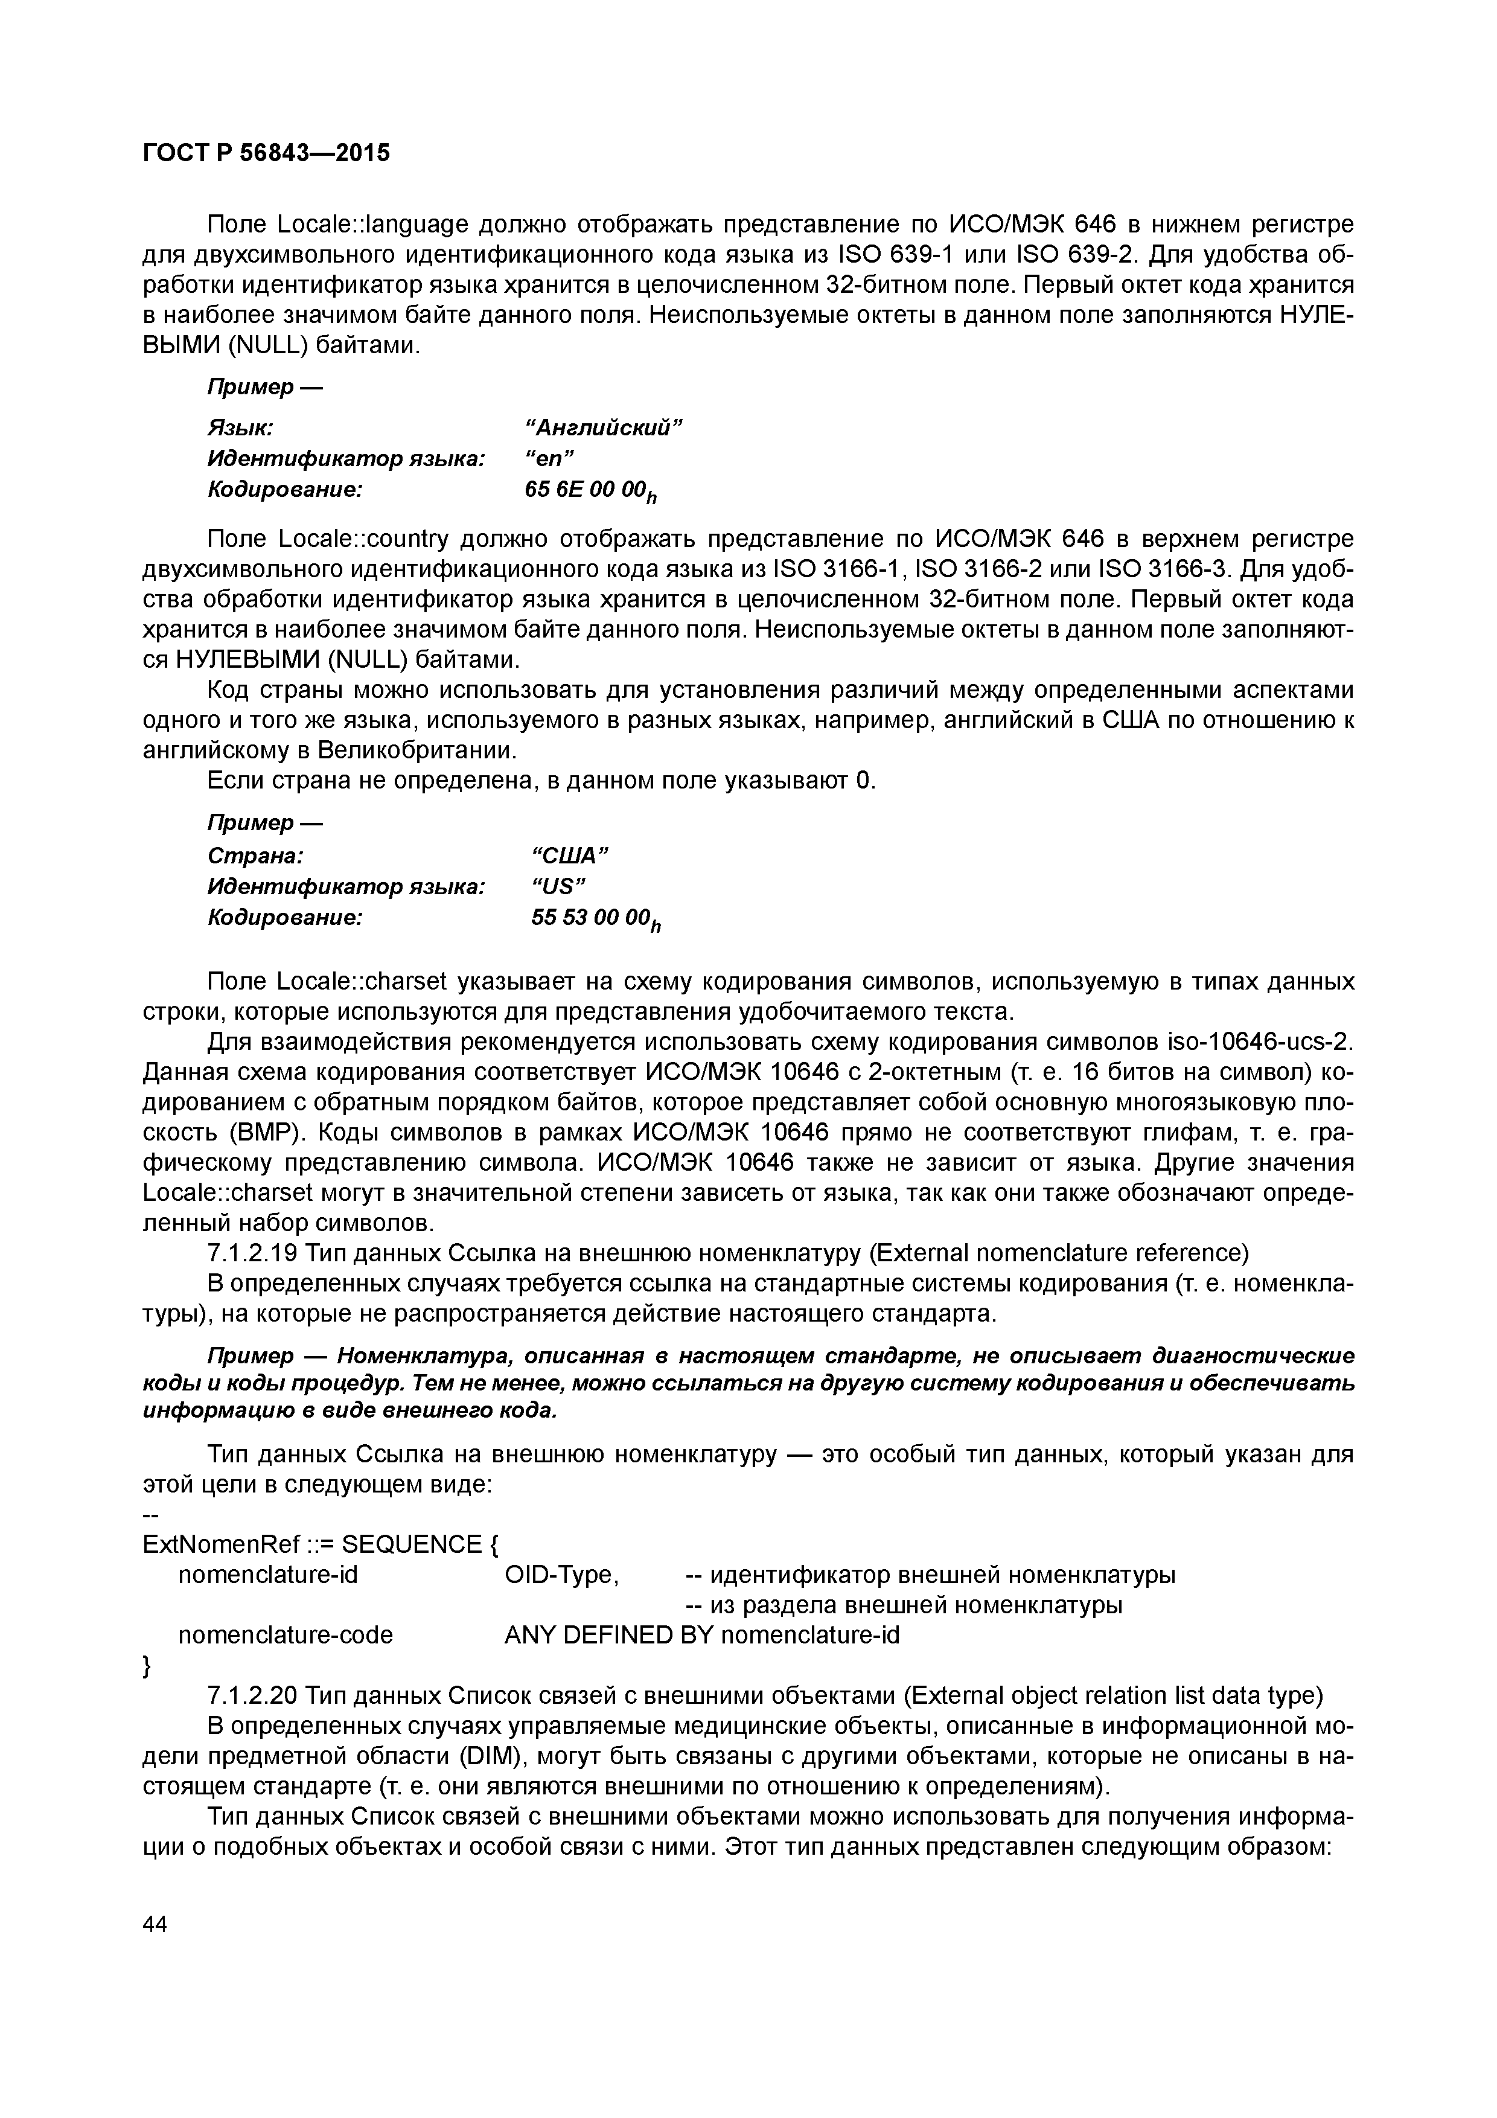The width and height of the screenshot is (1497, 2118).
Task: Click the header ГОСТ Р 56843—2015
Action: (267, 153)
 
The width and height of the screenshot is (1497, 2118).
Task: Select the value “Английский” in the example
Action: (603, 428)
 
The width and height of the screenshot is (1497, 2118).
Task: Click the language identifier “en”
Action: (550, 458)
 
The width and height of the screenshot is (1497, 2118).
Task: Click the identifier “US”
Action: (559, 886)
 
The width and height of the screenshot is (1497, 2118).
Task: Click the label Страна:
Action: (255, 856)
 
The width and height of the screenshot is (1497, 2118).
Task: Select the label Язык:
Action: (239, 428)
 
